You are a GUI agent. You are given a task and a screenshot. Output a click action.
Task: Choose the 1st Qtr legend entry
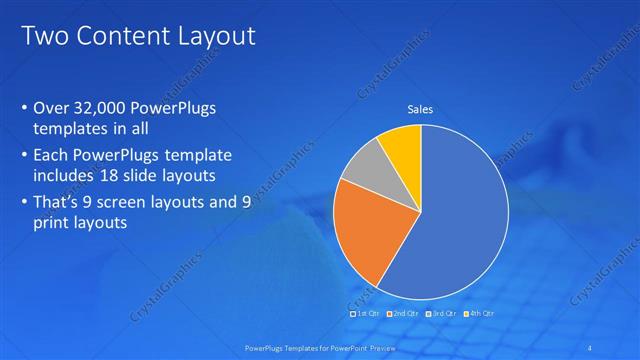pos(366,313)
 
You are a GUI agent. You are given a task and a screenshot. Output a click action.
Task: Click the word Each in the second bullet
pos(52,156)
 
